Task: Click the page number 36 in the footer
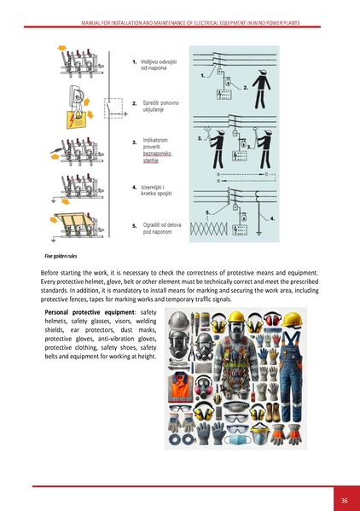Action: coord(344,500)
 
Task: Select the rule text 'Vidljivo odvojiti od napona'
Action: coord(158,66)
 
